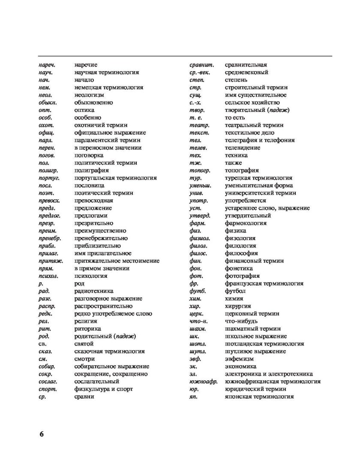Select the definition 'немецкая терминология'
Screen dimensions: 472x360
coord(108,87)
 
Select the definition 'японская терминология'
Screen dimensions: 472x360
coord(259,397)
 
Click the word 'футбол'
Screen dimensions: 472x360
coord(235,291)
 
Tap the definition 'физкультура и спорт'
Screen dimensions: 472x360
coord(103,389)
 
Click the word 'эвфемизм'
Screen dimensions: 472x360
coord(238,359)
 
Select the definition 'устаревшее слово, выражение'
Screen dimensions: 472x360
coord(267,208)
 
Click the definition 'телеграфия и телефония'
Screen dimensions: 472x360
coord(259,140)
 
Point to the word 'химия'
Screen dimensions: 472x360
coord(234,298)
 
